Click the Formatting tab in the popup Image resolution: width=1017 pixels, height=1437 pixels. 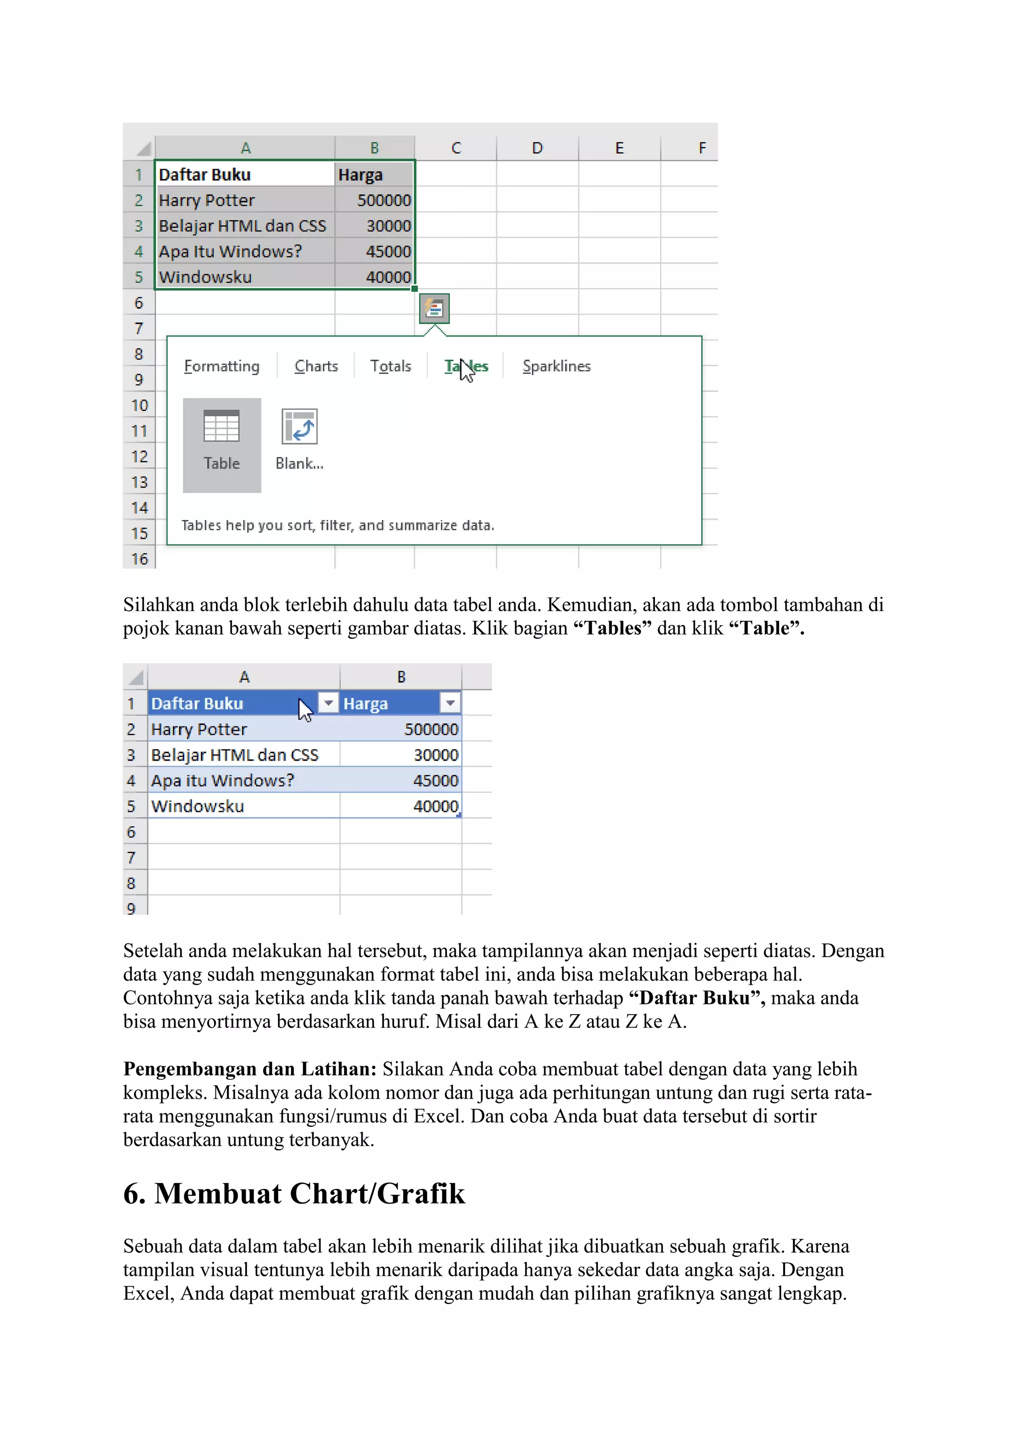pos(221,366)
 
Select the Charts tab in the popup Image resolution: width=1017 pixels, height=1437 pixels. pos(316,366)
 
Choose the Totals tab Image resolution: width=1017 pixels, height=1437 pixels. pos(390,366)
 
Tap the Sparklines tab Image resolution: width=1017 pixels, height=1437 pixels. pos(556,366)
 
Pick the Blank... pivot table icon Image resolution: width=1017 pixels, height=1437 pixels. pos(299,427)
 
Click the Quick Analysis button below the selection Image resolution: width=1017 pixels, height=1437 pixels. pos(435,309)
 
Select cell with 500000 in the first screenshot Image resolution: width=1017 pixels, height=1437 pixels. pos(383,200)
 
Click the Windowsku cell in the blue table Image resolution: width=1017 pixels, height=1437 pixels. pos(198,806)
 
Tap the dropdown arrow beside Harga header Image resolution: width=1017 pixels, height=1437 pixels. pos(449,703)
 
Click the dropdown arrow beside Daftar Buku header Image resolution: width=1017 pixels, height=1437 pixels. pos(328,703)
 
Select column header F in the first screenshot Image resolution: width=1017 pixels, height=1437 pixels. pos(702,148)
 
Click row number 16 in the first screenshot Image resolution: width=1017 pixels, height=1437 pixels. pos(139,558)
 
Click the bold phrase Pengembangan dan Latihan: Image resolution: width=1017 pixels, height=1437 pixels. pos(249,1068)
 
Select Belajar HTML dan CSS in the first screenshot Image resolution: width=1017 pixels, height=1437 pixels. pos(242,226)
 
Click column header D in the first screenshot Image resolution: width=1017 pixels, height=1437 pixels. pos(537,148)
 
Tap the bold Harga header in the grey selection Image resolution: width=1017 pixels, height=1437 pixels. pos(360,175)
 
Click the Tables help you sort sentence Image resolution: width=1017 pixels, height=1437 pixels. pos(338,525)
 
